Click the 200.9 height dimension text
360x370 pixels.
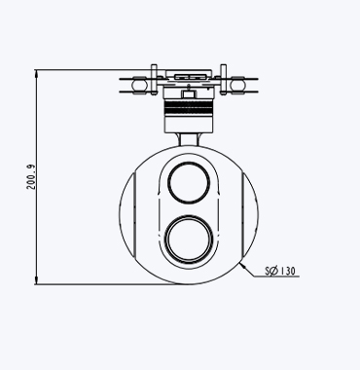click(x=31, y=177)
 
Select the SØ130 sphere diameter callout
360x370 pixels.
click(x=280, y=271)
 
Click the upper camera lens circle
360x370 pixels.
click(x=189, y=183)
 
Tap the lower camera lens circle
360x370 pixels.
click(x=189, y=239)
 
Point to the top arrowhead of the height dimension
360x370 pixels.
click(x=36, y=73)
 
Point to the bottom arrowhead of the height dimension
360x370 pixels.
click(x=36, y=280)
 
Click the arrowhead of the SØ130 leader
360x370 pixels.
click(x=243, y=267)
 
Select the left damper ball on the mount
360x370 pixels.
click(x=139, y=85)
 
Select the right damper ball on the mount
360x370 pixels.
click(x=237, y=85)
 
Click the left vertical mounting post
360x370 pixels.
click(x=154, y=80)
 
